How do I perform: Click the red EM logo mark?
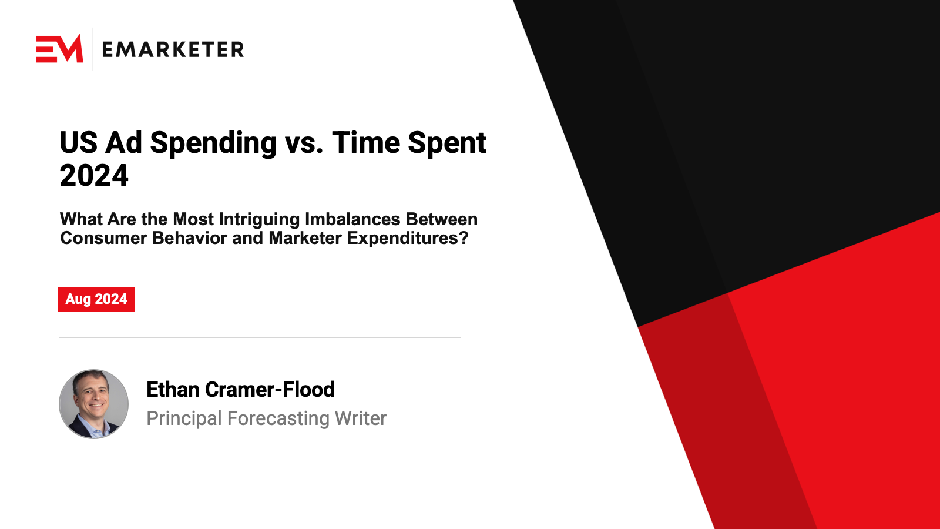click(x=59, y=49)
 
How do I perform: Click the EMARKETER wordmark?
click(x=173, y=49)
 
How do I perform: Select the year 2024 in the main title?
click(x=94, y=176)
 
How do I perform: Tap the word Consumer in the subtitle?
click(x=103, y=238)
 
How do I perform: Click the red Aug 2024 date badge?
click(x=96, y=299)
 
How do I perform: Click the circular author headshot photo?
click(x=93, y=404)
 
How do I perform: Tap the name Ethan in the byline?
click(x=173, y=389)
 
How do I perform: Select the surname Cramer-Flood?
click(x=270, y=389)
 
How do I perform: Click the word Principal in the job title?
click(x=184, y=419)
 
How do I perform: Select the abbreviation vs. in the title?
click(x=304, y=145)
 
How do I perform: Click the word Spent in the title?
click(x=447, y=144)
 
